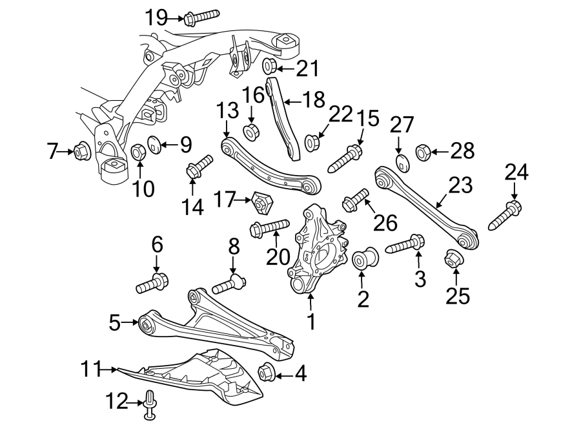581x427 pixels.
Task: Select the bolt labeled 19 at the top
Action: [200, 17]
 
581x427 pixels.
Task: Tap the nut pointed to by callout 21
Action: [270, 66]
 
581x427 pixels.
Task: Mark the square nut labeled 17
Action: [261, 203]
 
